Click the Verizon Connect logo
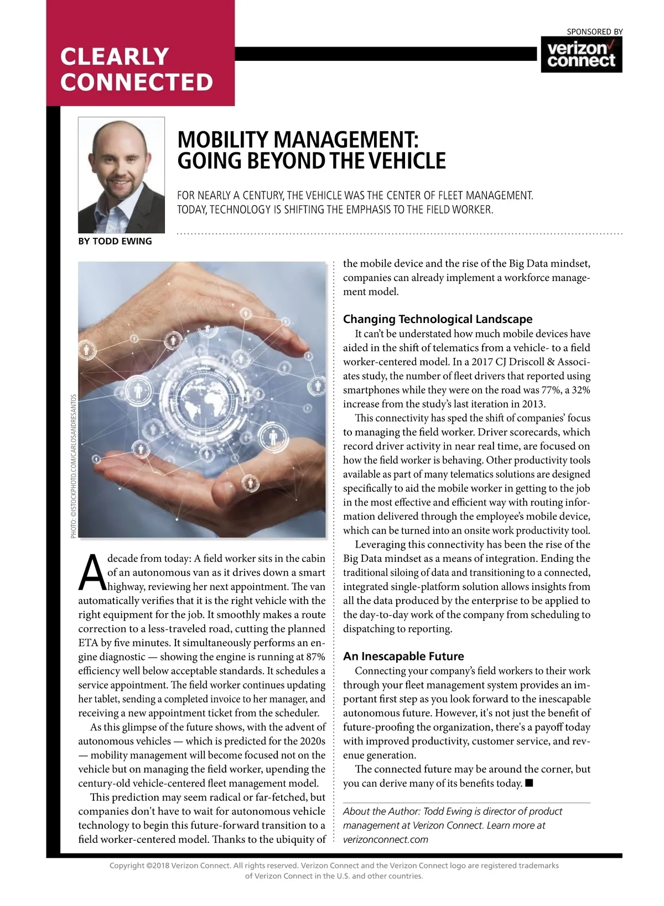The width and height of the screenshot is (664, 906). tap(581, 54)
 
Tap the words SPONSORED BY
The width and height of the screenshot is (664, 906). tap(595, 32)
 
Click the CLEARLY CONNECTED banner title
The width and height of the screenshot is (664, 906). tap(136, 69)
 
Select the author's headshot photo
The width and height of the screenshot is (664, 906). tap(122, 175)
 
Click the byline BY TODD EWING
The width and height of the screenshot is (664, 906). tap(115, 241)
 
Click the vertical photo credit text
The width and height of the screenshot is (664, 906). tap(74, 466)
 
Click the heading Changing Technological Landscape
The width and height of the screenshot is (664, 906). tap(437, 319)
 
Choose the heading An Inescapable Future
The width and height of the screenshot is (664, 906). tap(403, 657)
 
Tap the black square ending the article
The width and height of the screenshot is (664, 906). tap(529, 783)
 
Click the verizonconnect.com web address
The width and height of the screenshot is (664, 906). tap(385, 840)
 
